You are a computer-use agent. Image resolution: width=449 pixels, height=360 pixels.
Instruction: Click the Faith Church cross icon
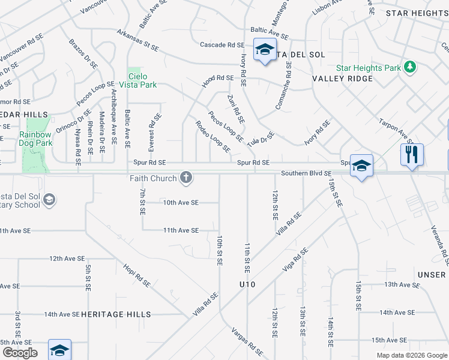pos(186,177)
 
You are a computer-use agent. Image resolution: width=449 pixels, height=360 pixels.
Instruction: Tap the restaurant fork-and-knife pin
pos(412,154)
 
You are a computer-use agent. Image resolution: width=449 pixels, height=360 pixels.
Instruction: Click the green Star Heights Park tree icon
pos(411,67)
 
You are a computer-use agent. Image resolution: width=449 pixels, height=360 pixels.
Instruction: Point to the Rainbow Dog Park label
pos(35,139)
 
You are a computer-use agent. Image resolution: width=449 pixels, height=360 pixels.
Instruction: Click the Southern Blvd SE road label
pos(307,173)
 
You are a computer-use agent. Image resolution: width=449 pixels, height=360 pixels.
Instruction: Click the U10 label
pos(247,284)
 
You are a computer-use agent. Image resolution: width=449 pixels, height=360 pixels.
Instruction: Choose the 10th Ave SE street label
pos(181,203)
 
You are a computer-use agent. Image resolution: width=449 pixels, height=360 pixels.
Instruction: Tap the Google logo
pos(19,353)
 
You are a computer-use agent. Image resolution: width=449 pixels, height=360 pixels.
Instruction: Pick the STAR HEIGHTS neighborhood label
pos(417,13)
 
